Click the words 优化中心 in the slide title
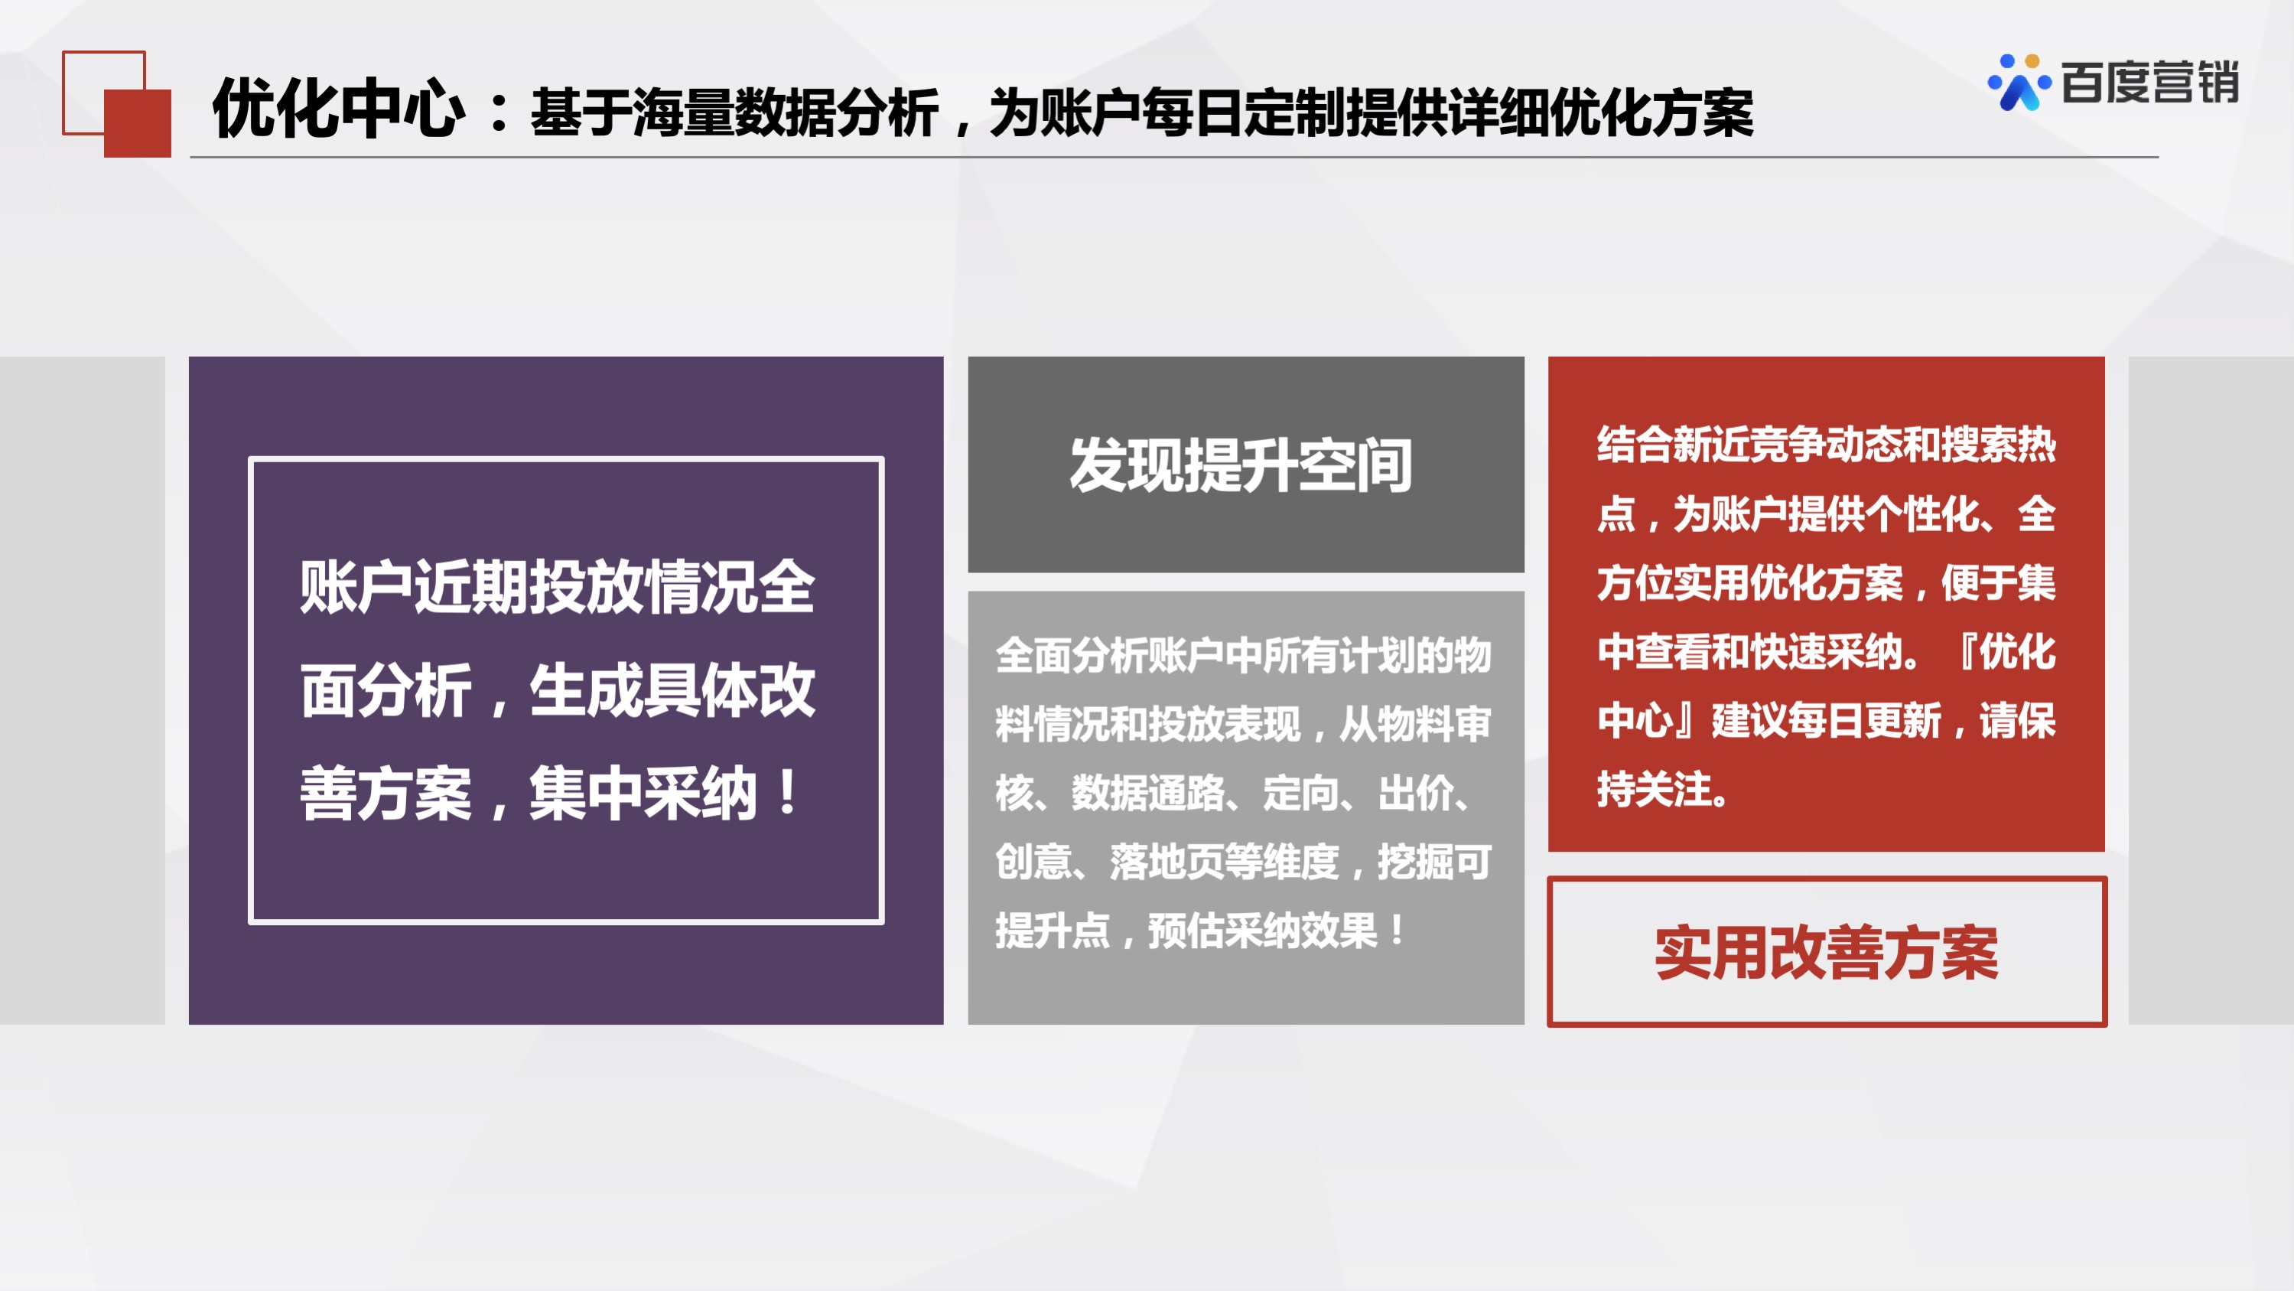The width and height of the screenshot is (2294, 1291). pyautogui.click(x=338, y=109)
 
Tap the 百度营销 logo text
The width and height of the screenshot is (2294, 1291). pyautogui.click(x=2149, y=83)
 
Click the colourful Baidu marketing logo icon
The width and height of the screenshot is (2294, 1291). pyautogui.click(x=2019, y=83)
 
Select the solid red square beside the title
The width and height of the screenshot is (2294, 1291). pyautogui.click(x=137, y=123)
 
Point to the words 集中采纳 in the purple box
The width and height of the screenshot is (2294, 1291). pyautogui.click(x=643, y=793)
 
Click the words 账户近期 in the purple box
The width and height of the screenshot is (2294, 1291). pyautogui.click(x=414, y=587)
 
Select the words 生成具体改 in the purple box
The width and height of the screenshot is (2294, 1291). pyautogui.click(x=672, y=690)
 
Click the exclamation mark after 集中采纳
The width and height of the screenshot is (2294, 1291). pyautogui.click(x=787, y=793)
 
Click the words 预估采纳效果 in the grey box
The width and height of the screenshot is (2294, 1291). pyautogui.click(x=1263, y=931)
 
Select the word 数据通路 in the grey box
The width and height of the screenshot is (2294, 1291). pyautogui.click(x=1148, y=793)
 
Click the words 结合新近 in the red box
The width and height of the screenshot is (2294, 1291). pyautogui.click(x=1674, y=445)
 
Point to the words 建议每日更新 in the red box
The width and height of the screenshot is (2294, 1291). pyautogui.click(x=1827, y=720)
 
